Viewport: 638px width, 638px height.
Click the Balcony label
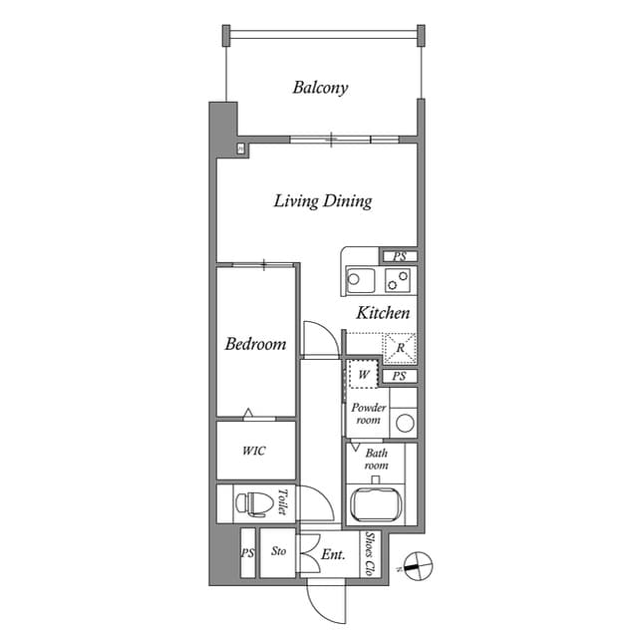pos(320,88)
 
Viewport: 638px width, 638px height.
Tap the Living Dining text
pos(322,201)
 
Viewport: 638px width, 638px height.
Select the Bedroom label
pos(255,344)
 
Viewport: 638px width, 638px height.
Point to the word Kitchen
pos(383,313)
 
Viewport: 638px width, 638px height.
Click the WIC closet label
pos(254,450)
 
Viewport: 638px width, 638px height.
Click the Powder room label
pos(368,414)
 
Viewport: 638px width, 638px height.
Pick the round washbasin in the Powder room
pos(405,423)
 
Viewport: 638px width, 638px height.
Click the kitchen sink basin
pos(358,279)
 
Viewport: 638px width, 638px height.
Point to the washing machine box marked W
pos(364,375)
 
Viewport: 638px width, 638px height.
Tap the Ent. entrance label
pos(333,555)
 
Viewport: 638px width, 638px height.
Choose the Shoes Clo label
pos(370,554)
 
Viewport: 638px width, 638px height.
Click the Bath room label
pos(376,459)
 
